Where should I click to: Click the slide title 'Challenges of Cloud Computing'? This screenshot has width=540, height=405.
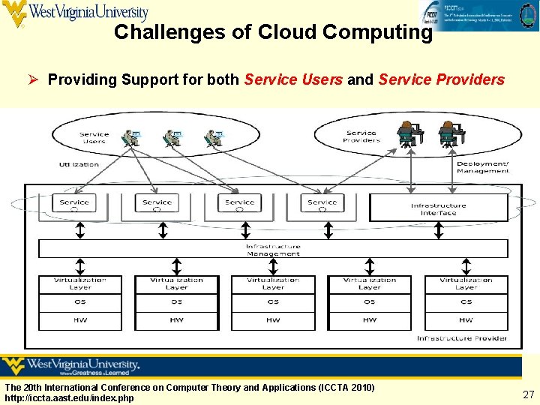pyautogui.click(x=273, y=32)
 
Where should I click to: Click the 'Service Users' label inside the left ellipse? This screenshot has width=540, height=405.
pyautogui.click(x=94, y=138)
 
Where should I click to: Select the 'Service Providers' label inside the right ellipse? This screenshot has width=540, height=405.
pyautogui.click(x=361, y=136)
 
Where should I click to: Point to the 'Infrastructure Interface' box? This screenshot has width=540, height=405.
pyautogui.click(x=438, y=208)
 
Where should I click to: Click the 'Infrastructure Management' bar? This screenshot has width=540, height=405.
pyautogui.click(x=273, y=250)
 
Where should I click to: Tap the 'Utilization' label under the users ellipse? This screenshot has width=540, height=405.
pyautogui.click(x=79, y=164)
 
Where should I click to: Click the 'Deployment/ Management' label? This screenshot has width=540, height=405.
pyautogui.click(x=482, y=166)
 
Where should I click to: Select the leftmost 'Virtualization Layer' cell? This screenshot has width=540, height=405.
pyautogui.click(x=80, y=283)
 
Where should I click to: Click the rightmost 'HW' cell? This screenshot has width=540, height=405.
pyautogui.click(x=466, y=320)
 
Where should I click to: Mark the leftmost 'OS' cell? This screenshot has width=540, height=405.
pyautogui.click(x=80, y=302)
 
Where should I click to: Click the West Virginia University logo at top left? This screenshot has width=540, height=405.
pyautogui.click(x=75, y=13)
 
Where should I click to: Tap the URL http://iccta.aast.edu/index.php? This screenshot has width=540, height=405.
pyautogui.click(x=70, y=397)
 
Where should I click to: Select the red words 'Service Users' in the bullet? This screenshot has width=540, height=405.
pyautogui.click(x=293, y=79)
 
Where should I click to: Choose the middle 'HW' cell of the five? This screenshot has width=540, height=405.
pyautogui.click(x=273, y=320)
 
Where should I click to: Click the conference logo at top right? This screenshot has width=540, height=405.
pyautogui.click(x=478, y=15)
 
